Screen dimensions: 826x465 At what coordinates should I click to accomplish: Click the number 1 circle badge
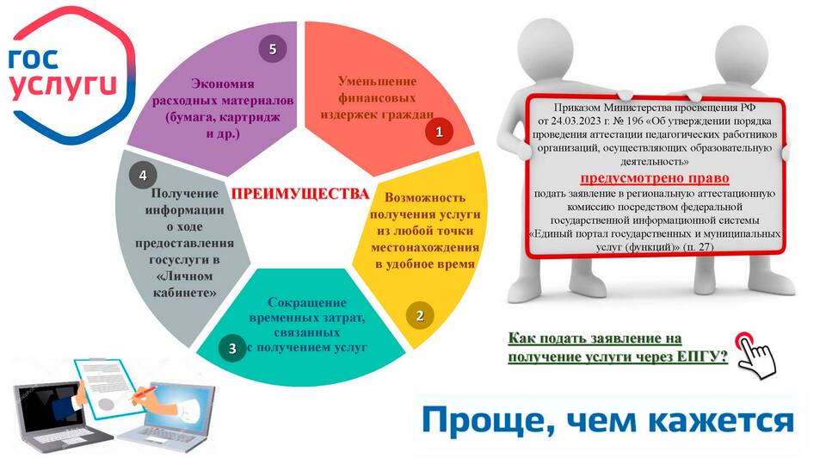pyautogui.click(x=440, y=132)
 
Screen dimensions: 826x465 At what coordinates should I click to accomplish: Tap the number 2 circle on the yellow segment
pyautogui.click(x=420, y=316)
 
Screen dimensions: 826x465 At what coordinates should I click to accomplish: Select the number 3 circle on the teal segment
pyautogui.click(x=232, y=348)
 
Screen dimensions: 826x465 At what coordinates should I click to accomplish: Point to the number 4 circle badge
pyautogui.click(x=143, y=175)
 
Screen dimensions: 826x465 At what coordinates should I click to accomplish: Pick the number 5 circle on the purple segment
pyautogui.click(x=273, y=49)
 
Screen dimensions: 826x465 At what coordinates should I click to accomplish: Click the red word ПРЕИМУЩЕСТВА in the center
pyautogui.click(x=300, y=194)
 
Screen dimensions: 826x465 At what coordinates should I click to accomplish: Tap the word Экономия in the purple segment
pyautogui.click(x=223, y=84)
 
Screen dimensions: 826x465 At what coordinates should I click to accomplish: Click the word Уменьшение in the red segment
pyautogui.click(x=377, y=81)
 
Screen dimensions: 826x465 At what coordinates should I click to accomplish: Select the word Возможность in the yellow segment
pyautogui.click(x=425, y=198)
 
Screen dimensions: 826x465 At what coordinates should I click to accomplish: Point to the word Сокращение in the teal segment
pyautogui.click(x=307, y=302)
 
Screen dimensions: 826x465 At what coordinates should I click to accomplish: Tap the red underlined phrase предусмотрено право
pyautogui.click(x=655, y=178)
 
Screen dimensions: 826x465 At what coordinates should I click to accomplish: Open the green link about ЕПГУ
pyautogui.click(x=618, y=347)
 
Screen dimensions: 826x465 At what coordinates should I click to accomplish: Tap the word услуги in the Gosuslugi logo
pyautogui.click(x=63, y=85)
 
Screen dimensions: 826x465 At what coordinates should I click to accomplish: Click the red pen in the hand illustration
pyautogui.click(x=143, y=393)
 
